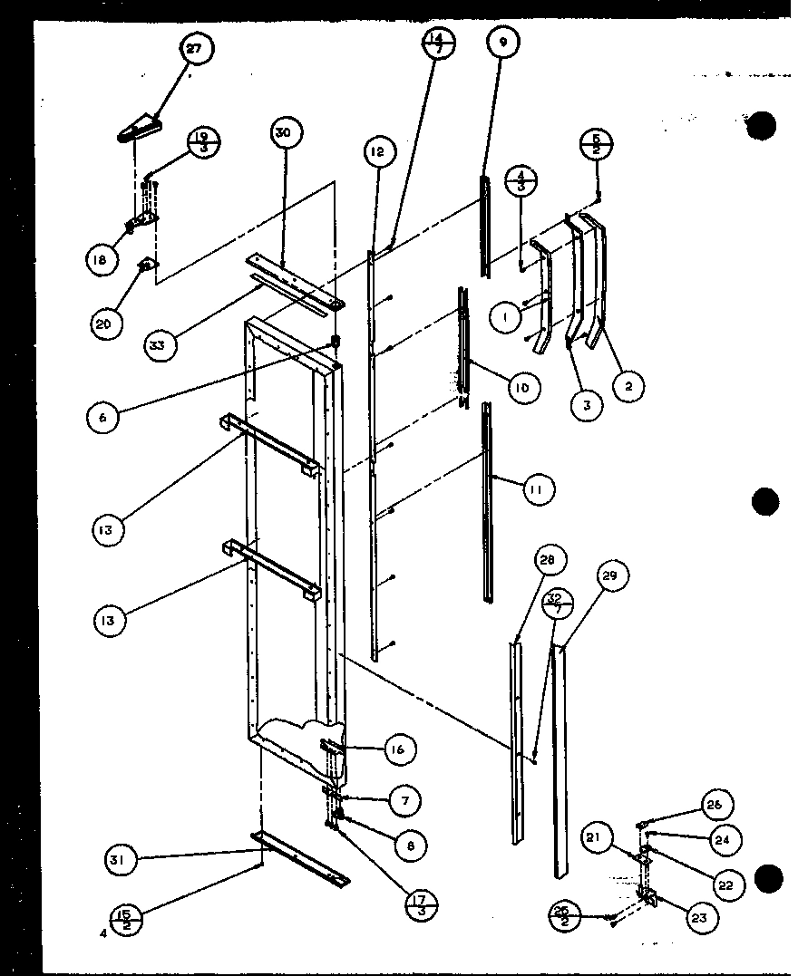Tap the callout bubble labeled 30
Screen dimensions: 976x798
284,132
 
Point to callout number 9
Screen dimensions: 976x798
503,42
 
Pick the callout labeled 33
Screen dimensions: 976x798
161,344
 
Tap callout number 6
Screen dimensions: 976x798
102,418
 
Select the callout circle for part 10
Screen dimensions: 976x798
522,389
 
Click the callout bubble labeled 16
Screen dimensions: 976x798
400,749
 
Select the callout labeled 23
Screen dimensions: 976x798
698,917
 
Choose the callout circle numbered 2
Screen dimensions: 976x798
627,386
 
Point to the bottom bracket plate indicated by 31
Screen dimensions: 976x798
303,857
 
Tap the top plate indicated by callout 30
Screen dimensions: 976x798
294,280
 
